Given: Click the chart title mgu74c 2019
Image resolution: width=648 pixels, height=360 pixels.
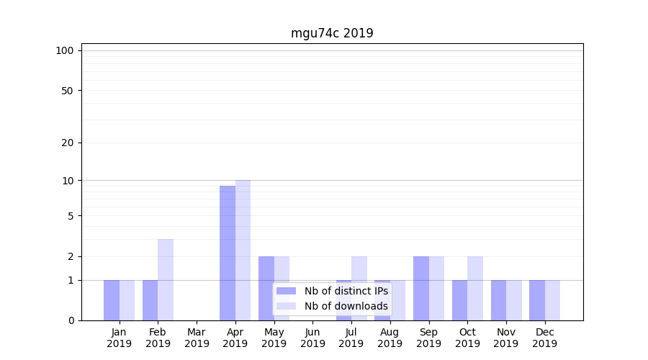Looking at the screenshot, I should (x=332, y=33).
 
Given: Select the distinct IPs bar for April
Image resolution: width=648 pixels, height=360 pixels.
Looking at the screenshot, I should (x=228, y=253).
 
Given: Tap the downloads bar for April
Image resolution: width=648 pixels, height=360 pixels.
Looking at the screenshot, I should (x=243, y=250).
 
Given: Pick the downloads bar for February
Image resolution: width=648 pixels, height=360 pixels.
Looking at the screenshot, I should (x=166, y=279).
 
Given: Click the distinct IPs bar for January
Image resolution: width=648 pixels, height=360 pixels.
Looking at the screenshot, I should (x=112, y=300).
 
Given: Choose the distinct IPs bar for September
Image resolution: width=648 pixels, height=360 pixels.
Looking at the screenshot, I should (x=421, y=288).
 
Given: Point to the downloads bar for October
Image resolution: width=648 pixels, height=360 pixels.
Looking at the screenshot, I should (x=475, y=288).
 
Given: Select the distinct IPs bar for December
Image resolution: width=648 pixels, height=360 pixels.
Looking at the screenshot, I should (x=537, y=300).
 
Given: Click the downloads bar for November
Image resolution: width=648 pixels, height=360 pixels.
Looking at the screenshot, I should (x=513, y=300).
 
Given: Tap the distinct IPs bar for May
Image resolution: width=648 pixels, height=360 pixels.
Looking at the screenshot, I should (x=266, y=288).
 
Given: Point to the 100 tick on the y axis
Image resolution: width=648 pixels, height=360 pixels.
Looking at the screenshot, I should (x=65, y=50).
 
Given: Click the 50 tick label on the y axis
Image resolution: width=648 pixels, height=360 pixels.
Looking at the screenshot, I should (x=67, y=91).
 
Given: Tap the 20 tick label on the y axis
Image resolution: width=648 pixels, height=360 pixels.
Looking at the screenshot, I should (x=67, y=143).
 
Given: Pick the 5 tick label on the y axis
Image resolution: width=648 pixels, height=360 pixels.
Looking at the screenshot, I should (x=70, y=216).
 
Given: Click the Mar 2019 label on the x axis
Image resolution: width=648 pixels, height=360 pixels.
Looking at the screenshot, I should (x=197, y=338).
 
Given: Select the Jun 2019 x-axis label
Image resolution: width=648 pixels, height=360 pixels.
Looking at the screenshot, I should (x=312, y=338).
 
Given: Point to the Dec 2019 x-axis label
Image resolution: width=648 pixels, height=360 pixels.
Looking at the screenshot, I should (x=544, y=338).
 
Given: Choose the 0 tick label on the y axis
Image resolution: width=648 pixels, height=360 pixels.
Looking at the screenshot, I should (x=70, y=320).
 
